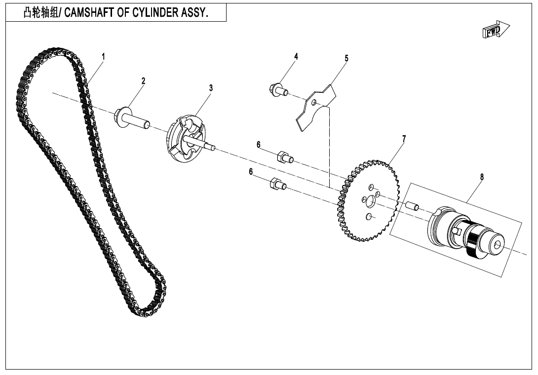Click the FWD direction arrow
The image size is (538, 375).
tap(496, 30)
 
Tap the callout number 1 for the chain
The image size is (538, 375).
tap(103, 56)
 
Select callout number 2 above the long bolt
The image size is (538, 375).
tap(144, 80)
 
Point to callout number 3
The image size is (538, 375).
tap(211, 88)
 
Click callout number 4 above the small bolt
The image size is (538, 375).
tap(296, 56)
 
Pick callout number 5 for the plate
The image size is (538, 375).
tap(346, 58)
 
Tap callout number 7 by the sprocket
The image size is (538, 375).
tap(404, 139)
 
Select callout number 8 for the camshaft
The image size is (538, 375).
tap(482, 177)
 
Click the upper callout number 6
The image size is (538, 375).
tap(259, 145)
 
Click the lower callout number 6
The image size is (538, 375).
tap(251, 171)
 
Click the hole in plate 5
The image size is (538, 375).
tap(313, 102)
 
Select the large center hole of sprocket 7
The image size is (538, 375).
tap(370, 201)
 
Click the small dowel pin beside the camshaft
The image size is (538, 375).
tap(412, 206)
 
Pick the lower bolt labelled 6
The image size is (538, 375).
tap(278, 184)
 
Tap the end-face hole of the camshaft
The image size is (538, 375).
tap(498, 244)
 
